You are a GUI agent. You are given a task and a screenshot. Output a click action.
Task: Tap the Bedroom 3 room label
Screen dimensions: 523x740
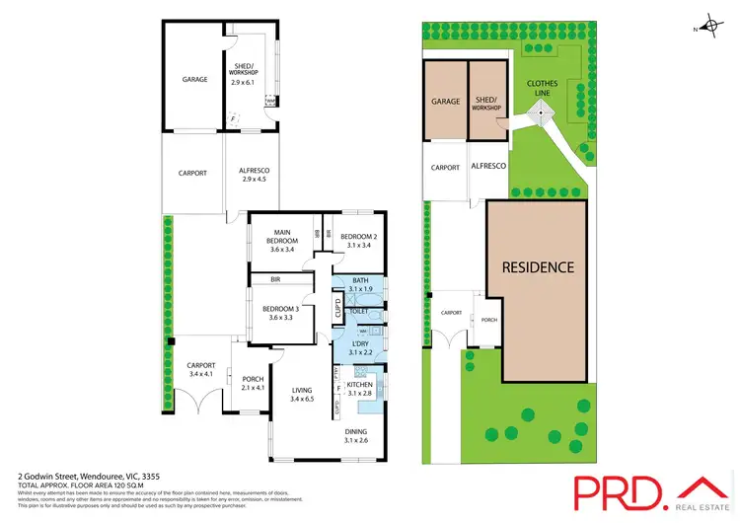tap(282, 313)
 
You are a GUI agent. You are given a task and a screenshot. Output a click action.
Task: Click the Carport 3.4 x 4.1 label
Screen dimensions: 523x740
tap(200, 370)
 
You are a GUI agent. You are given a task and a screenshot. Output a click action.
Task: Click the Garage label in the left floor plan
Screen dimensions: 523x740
tap(193, 79)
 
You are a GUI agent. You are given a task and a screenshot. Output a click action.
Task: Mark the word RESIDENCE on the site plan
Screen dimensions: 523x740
tap(538, 266)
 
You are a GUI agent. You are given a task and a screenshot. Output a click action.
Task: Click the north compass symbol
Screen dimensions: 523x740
tap(710, 27)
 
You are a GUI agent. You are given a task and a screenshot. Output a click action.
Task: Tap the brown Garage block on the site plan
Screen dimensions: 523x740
tap(446, 102)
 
